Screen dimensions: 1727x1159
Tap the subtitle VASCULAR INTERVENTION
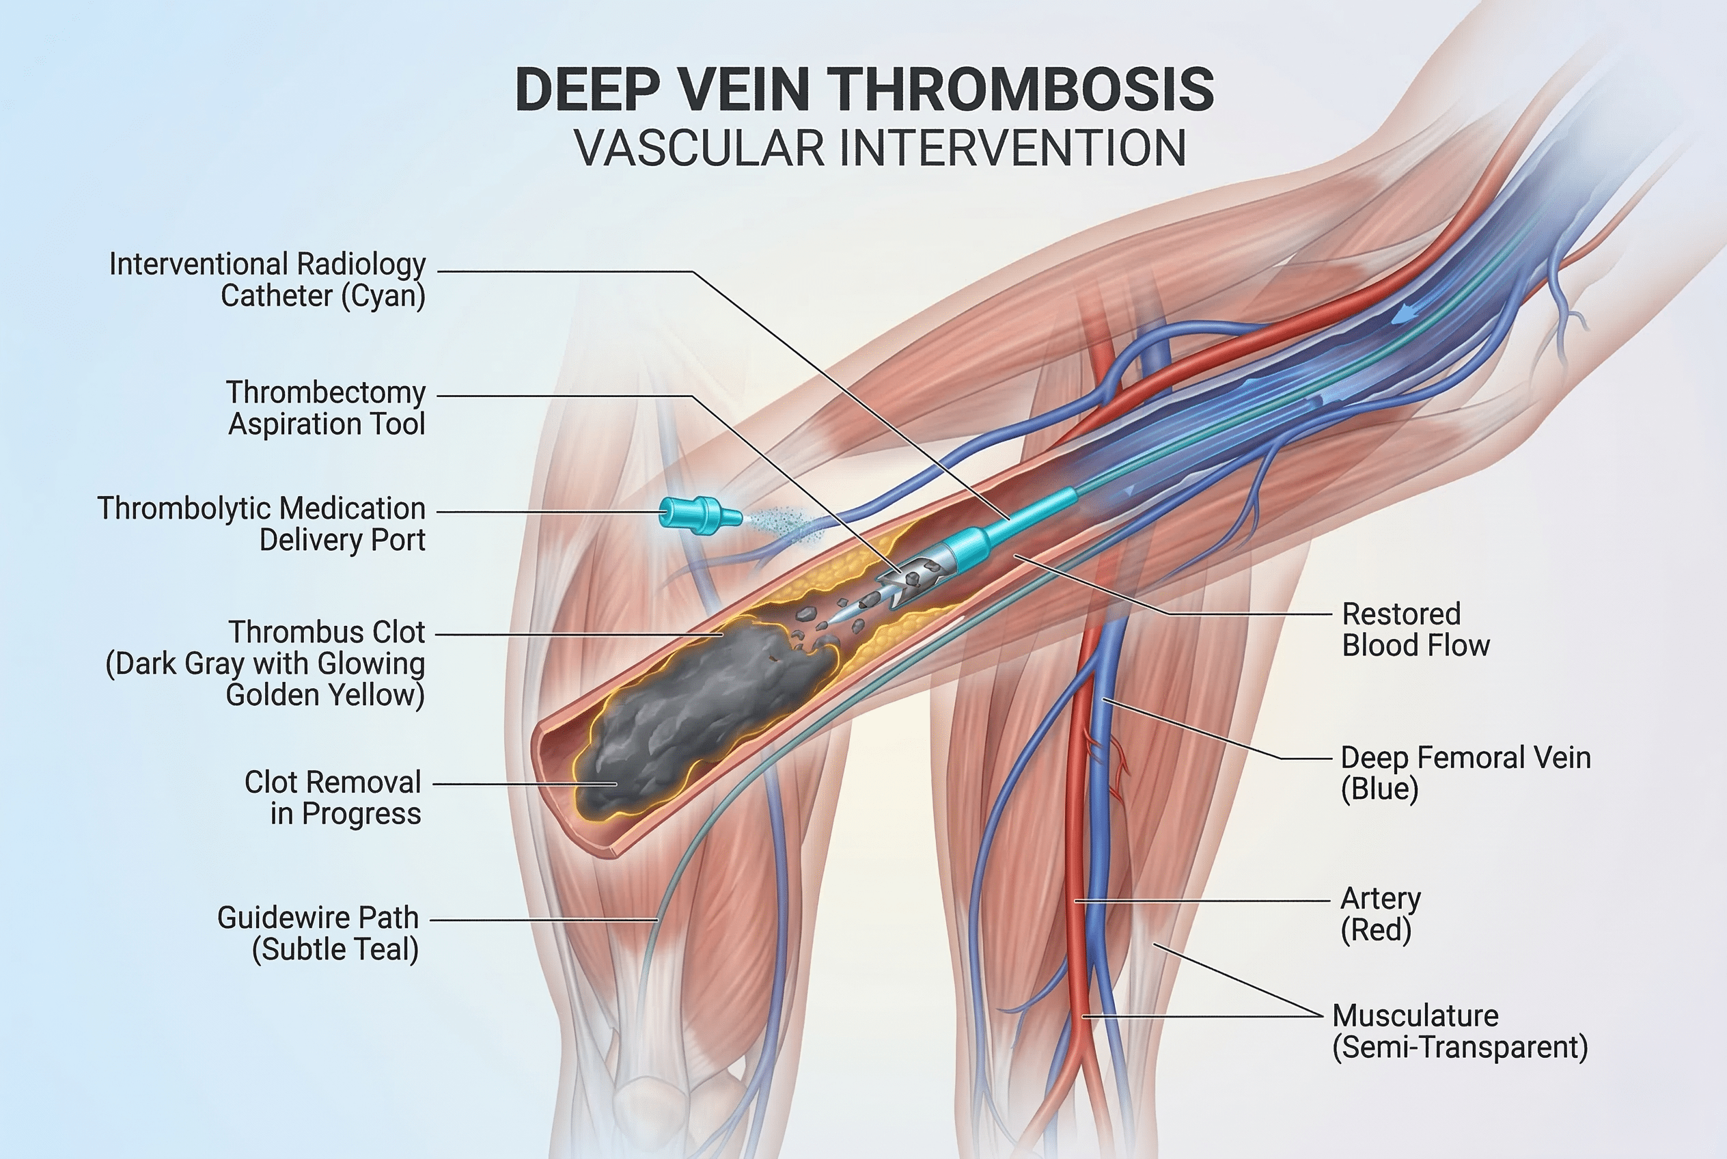880,148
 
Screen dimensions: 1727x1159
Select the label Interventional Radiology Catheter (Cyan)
267,280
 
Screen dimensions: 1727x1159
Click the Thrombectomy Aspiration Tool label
326,408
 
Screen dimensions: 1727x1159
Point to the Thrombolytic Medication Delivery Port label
262,524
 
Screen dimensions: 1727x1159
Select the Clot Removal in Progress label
333,798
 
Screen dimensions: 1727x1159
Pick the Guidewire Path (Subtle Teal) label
318,933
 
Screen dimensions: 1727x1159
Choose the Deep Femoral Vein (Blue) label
1465,773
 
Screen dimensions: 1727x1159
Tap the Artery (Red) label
1381,914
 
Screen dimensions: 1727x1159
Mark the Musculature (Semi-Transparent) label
1459,1031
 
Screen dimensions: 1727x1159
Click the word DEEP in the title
588,90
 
